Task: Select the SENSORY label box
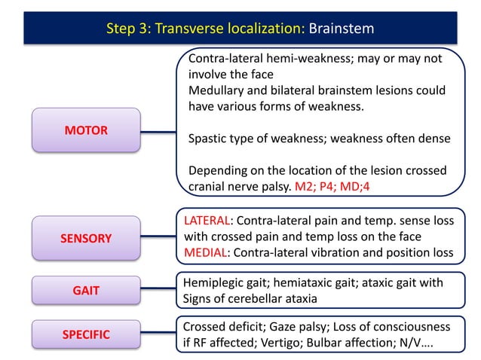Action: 85,239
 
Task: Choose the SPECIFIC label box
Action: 85,334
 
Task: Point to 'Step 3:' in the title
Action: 129,29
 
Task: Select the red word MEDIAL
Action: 204,254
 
